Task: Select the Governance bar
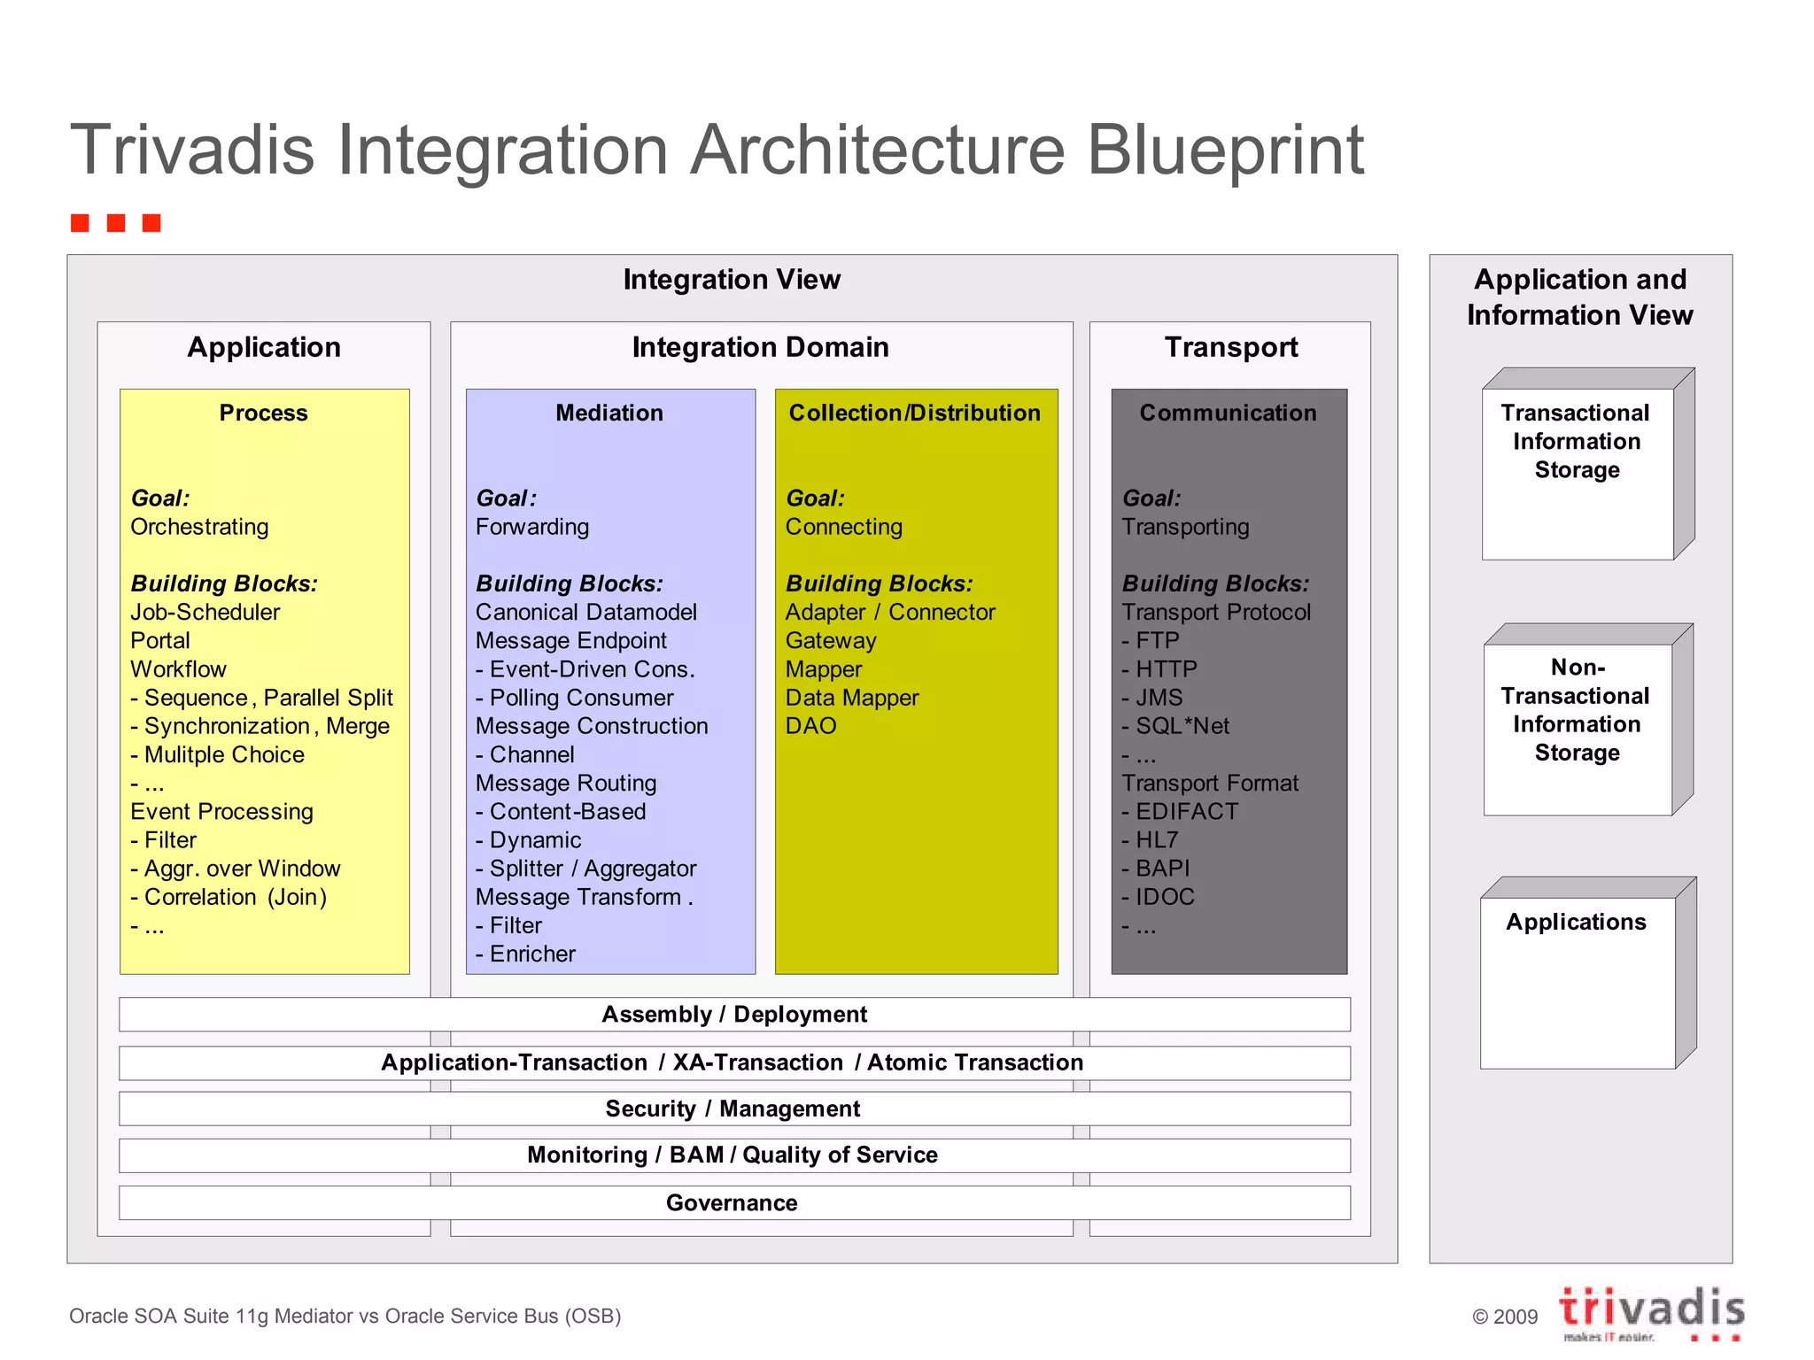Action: [733, 1202]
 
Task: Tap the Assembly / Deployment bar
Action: [733, 1014]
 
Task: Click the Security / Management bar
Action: [733, 1109]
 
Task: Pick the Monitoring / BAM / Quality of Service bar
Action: [733, 1155]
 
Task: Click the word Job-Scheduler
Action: [205, 612]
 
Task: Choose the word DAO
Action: [810, 726]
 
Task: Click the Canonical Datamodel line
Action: [585, 612]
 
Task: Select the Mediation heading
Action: [609, 413]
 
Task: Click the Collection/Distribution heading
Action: [915, 413]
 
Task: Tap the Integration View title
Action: [732, 279]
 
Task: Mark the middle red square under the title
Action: [116, 222]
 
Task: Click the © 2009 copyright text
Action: [1505, 1317]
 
